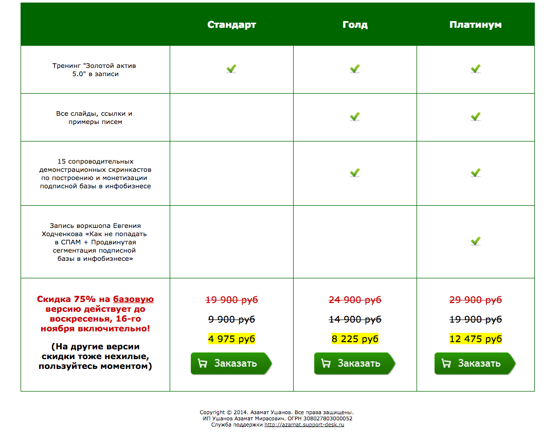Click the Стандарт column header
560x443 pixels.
tap(231, 25)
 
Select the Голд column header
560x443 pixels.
tap(355, 25)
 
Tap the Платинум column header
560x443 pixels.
tap(475, 25)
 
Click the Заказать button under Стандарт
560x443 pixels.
tap(231, 363)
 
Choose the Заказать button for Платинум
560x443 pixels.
tap(475, 363)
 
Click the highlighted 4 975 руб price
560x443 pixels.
tap(231, 339)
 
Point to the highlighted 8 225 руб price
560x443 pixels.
tap(355, 339)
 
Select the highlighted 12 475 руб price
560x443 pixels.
tap(475, 339)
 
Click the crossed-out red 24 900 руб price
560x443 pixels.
tap(355, 300)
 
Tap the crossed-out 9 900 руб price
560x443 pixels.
tap(231, 320)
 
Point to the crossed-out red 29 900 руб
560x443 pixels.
tap(475, 300)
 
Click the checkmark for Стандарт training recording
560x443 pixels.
tap(231, 68)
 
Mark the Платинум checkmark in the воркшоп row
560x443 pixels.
tap(476, 241)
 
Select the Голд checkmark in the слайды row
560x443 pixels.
tap(355, 117)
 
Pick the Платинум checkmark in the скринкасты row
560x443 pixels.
tap(476, 172)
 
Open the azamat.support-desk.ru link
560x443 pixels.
tap(304, 424)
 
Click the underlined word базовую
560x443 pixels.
tap(133, 299)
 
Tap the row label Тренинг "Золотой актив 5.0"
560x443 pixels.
tap(95, 70)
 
